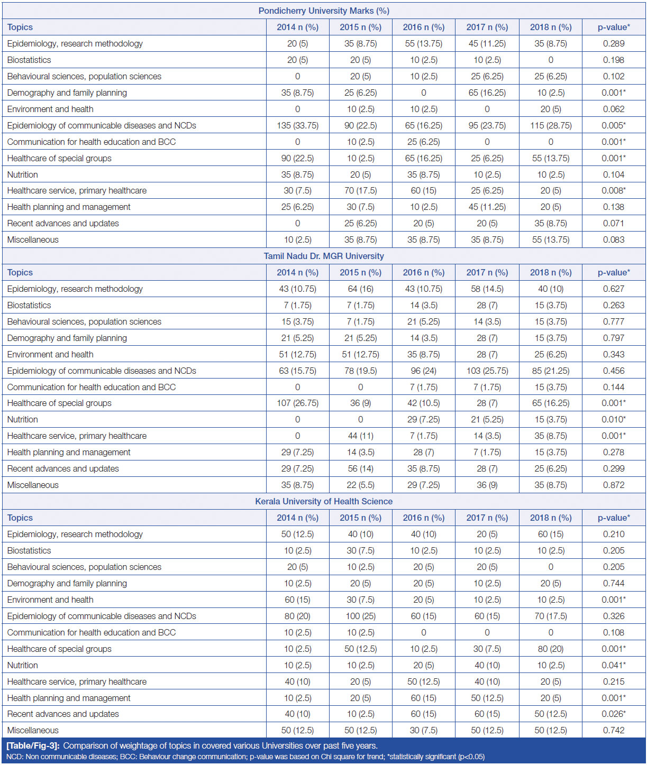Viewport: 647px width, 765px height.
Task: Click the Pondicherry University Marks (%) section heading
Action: [324, 11]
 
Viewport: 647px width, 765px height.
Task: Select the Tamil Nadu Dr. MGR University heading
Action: [324, 256]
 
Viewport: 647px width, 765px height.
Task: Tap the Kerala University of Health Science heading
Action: [324, 501]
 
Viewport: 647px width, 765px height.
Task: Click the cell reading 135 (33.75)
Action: [298, 125]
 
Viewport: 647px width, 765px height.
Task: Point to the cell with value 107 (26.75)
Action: [298, 403]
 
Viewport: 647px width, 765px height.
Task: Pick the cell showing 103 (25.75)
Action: [487, 371]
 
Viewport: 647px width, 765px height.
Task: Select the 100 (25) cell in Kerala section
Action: [360, 616]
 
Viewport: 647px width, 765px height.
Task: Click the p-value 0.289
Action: [614, 43]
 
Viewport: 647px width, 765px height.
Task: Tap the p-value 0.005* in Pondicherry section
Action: [614, 125]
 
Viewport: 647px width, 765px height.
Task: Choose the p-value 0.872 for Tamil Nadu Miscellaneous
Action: [614, 485]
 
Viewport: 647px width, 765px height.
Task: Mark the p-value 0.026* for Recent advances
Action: [614, 714]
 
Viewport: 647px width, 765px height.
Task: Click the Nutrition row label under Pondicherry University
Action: [23, 174]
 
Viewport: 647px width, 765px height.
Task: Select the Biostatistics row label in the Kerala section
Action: [29, 550]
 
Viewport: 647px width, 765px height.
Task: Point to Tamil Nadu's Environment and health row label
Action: [50, 354]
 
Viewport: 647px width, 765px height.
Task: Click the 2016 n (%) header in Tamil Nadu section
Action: [424, 272]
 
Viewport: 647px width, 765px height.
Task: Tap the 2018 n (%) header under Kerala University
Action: [551, 518]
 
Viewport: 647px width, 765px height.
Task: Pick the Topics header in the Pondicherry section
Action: [20, 27]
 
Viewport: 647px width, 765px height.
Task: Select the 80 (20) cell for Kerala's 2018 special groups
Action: [551, 649]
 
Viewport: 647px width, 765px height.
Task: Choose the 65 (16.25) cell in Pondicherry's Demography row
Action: [487, 93]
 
